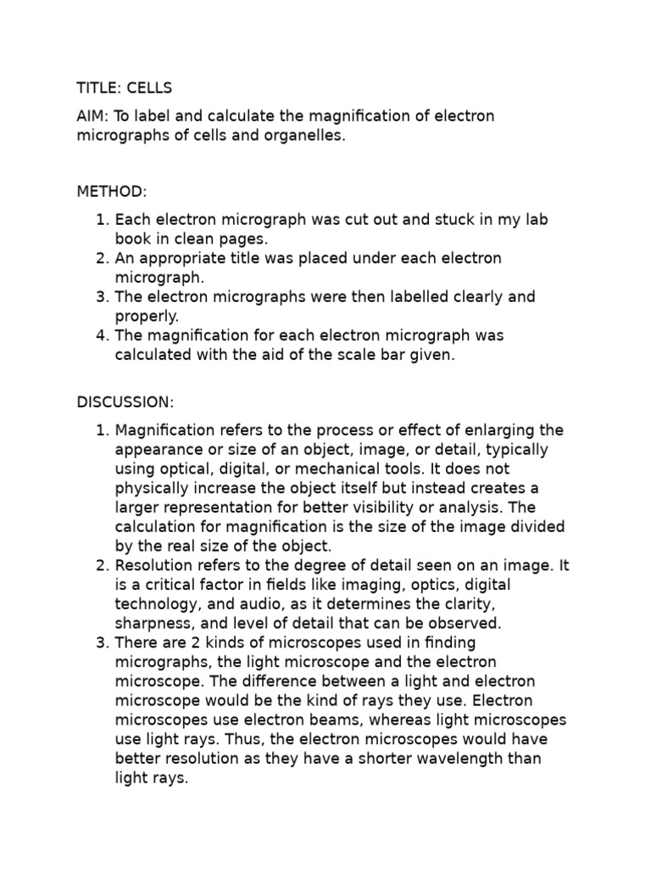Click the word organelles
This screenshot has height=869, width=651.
point(304,136)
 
